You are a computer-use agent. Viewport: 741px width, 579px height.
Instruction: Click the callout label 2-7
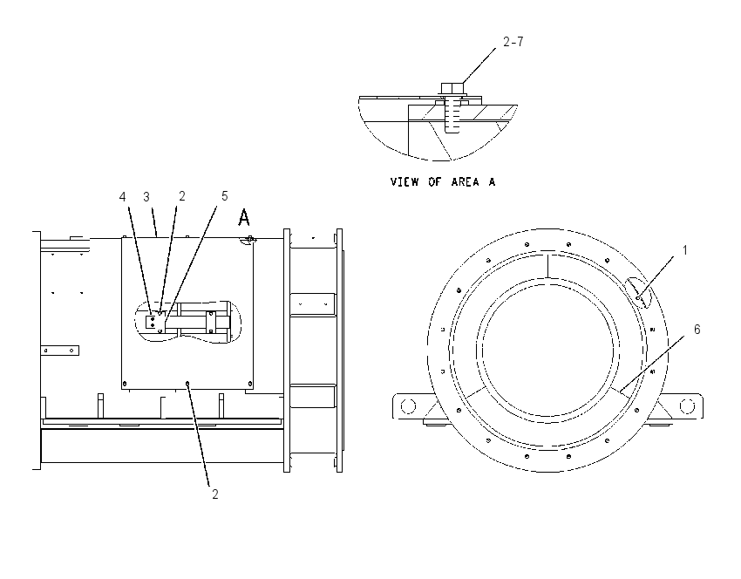(x=513, y=42)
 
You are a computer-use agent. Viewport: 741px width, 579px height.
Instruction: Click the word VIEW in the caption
(x=404, y=182)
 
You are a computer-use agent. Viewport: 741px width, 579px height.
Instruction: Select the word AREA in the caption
(x=465, y=182)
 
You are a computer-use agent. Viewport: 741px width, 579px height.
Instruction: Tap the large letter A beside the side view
(x=244, y=218)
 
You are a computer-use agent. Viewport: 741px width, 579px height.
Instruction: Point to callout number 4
(x=123, y=196)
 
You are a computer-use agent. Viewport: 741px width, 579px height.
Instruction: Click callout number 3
(x=146, y=196)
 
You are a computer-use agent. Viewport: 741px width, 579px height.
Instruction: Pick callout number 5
(x=224, y=195)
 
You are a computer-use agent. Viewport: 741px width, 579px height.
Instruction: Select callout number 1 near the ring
(x=684, y=250)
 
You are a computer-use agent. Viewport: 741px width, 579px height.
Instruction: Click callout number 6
(x=697, y=329)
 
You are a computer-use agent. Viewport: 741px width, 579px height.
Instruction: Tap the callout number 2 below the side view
(x=215, y=494)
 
